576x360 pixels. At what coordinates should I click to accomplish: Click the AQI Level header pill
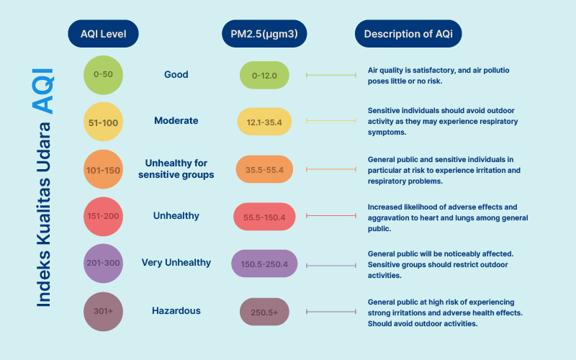pyautogui.click(x=103, y=33)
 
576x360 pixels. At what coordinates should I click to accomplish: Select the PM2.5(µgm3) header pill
pyautogui.click(x=264, y=33)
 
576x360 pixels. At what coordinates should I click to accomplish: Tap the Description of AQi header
pyautogui.click(x=408, y=33)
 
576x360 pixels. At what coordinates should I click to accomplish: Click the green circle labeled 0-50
pyautogui.click(x=103, y=75)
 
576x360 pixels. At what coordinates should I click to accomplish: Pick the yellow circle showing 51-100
pyautogui.click(x=103, y=122)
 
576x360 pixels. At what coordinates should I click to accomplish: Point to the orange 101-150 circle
pyautogui.click(x=103, y=169)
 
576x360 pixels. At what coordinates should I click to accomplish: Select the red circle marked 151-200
pyautogui.click(x=103, y=217)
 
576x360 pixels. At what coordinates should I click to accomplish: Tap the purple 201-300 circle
pyautogui.click(x=103, y=264)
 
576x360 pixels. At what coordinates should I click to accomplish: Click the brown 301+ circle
pyautogui.click(x=103, y=312)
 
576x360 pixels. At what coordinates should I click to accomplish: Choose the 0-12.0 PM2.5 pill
pyautogui.click(x=264, y=76)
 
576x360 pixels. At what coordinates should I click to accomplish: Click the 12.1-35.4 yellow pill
pyautogui.click(x=264, y=122)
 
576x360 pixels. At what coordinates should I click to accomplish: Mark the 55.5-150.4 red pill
pyautogui.click(x=264, y=217)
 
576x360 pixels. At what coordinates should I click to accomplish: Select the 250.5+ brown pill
pyautogui.click(x=264, y=312)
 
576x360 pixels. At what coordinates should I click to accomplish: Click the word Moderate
pyautogui.click(x=176, y=120)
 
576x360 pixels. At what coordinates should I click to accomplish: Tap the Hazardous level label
pyautogui.click(x=176, y=311)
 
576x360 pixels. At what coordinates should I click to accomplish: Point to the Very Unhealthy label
pyautogui.click(x=176, y=263)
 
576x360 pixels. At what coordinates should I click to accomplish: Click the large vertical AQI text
pyautogui.click(x=43, y=91)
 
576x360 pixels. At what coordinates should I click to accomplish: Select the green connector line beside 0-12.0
pyautogui.click(x=331, y=75)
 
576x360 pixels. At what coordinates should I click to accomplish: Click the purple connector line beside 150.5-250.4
pyautogui.click(x=331, y=265)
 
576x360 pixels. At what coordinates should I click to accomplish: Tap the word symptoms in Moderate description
pyautogui.click(x=387, y=132)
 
